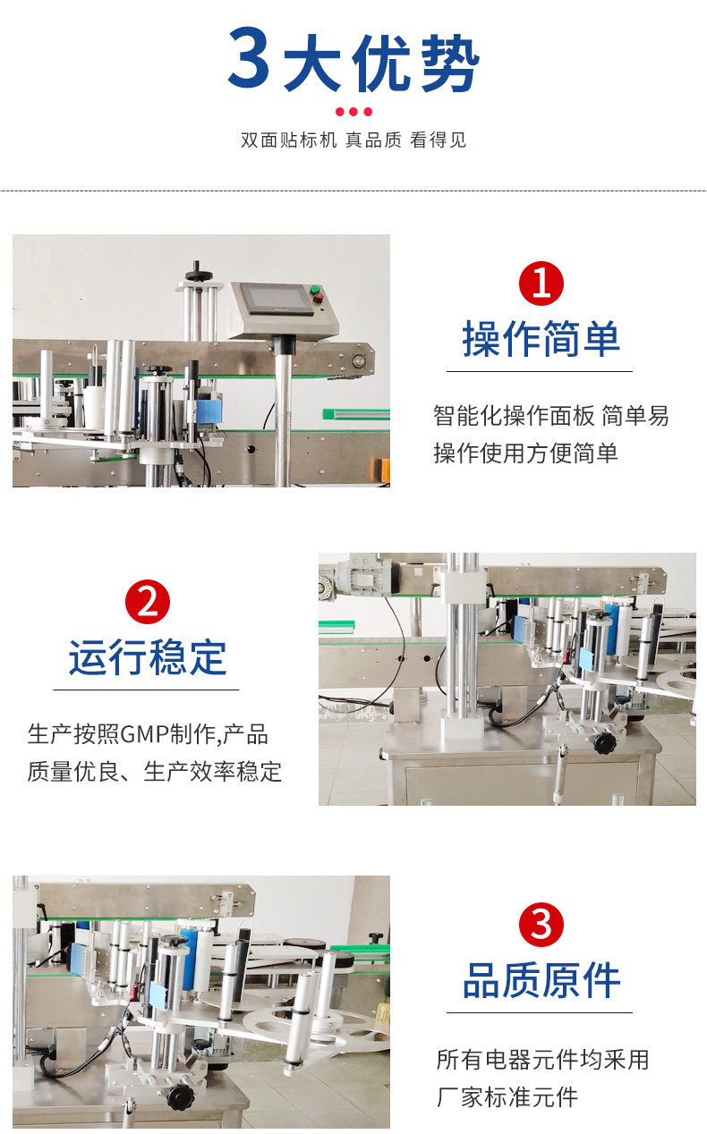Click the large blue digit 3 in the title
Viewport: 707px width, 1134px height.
coord(248,56)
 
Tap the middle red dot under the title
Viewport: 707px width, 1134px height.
coord(353,112)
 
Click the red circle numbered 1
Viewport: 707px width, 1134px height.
coord(541,283)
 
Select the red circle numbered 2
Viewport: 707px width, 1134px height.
coord(148,602)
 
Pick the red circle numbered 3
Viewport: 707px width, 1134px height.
coord(541,923)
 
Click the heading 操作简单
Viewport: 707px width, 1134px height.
coord(541,339)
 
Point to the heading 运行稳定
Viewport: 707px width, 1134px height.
coord(148,657)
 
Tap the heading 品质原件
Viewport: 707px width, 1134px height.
coord(541,980)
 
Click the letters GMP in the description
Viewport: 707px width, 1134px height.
coord(145,733)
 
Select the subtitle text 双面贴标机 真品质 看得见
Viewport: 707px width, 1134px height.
coord(353,140)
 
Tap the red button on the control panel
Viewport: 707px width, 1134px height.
coord(318,299)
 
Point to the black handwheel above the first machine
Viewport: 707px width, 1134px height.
coord(198,273)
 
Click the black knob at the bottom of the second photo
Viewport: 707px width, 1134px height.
coord(604,742)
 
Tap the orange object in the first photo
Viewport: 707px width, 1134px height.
coord(382,470)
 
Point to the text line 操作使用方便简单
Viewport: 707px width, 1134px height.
coord(525,453)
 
